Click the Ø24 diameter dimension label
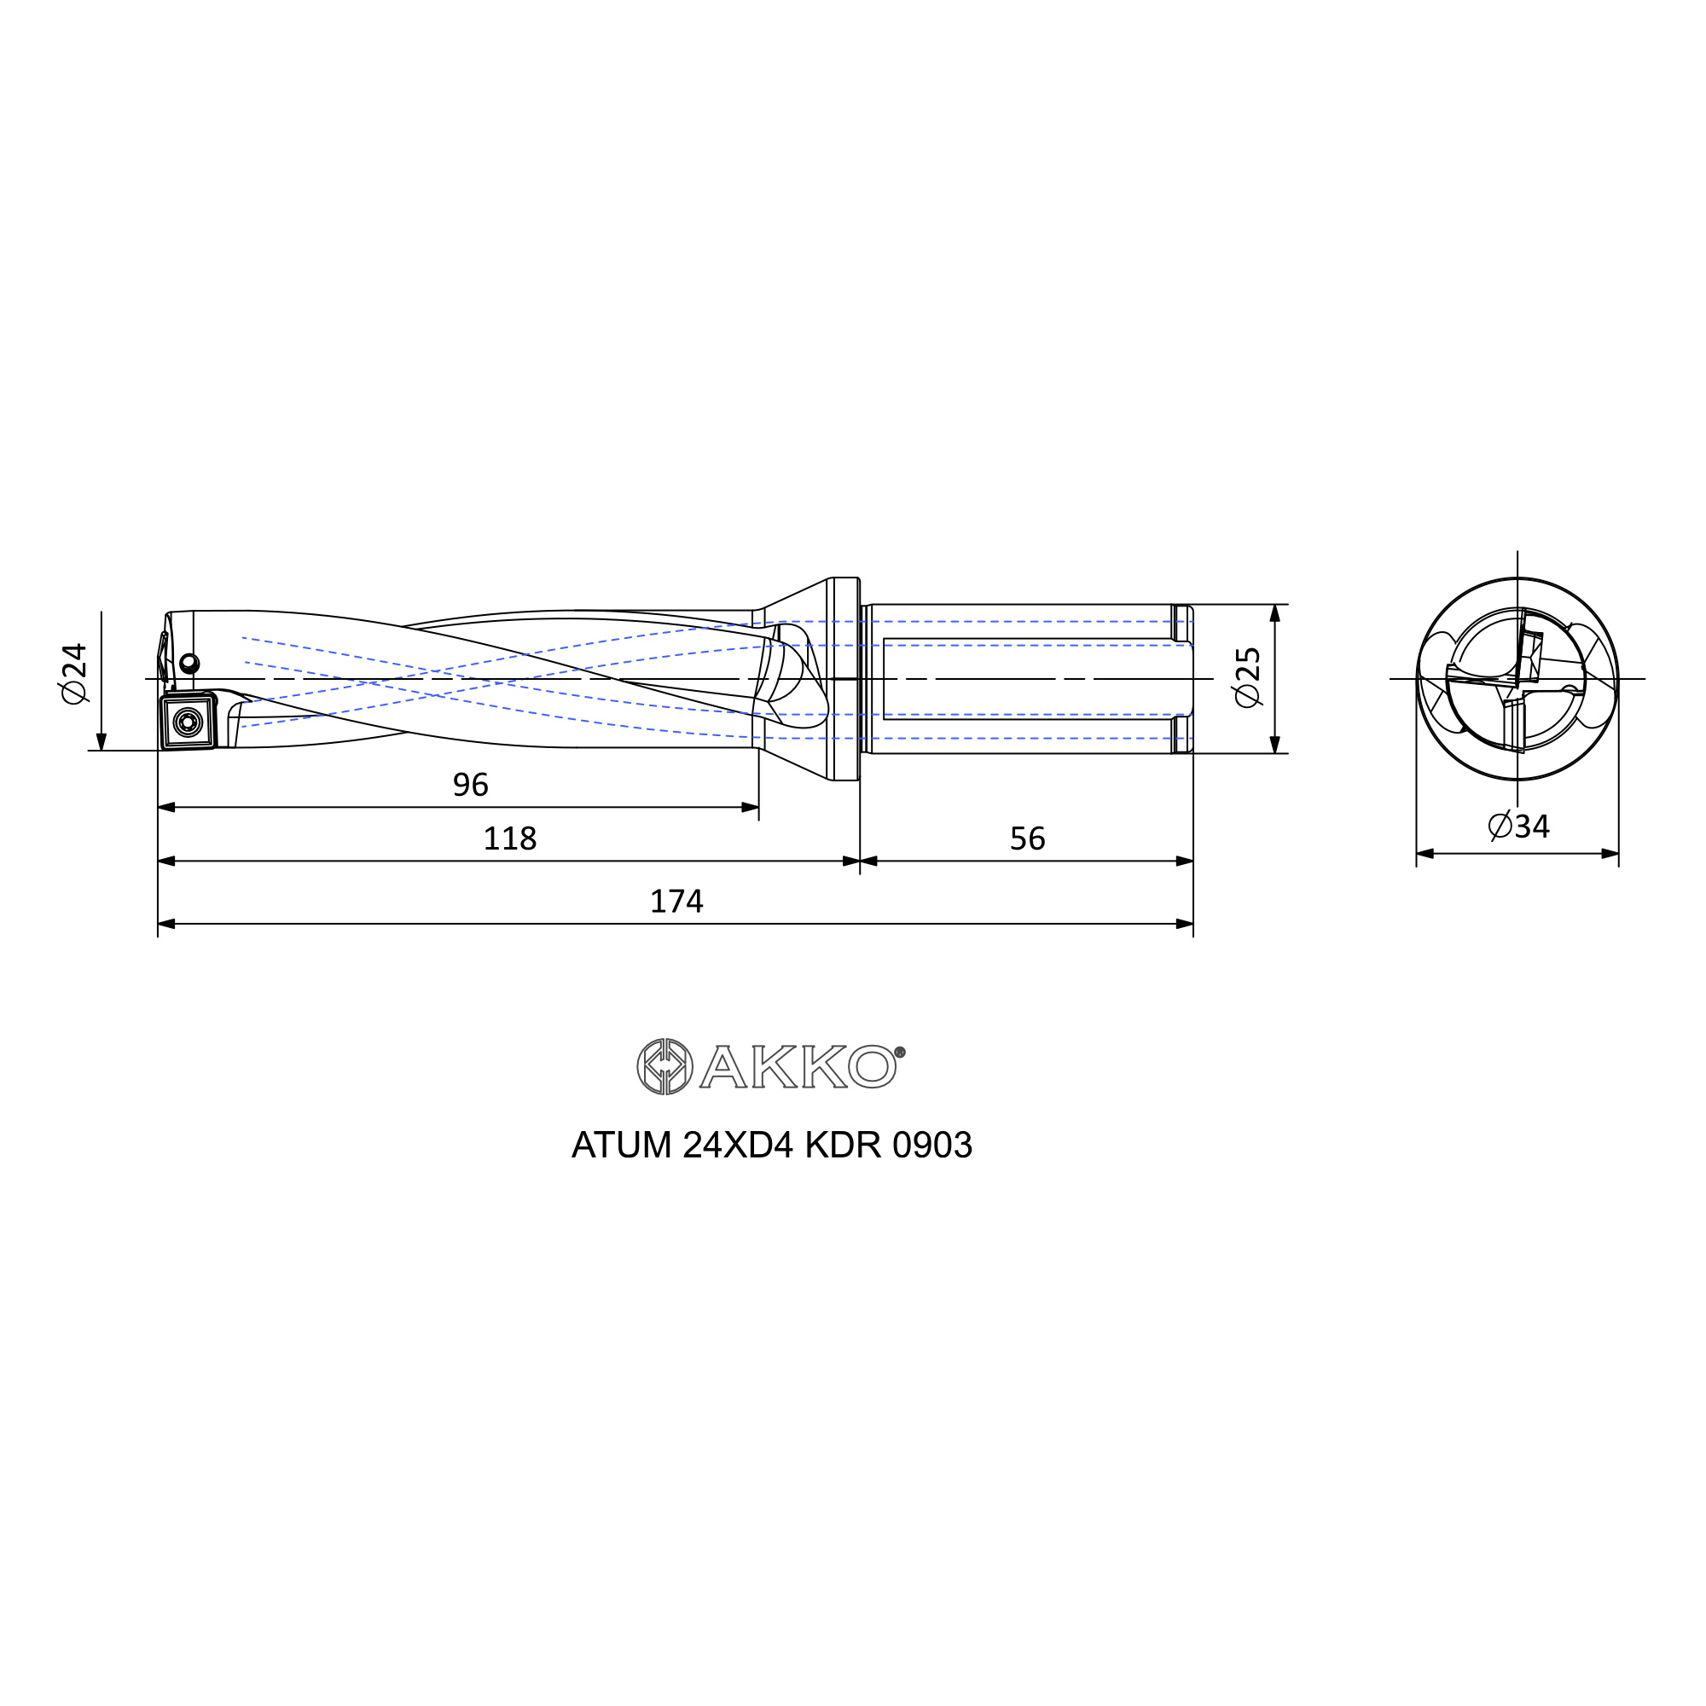click(x=75, y=674)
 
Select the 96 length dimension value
click(x=471, y=785)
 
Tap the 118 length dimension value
click(x=509, y=838)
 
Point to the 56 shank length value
click(x=1027, y=838)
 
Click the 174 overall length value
click(x=676, y=902)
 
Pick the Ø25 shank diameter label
click(x=1249, y=677)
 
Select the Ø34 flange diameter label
click(x=1519, y=827)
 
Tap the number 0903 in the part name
click(x=932, y=1146)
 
